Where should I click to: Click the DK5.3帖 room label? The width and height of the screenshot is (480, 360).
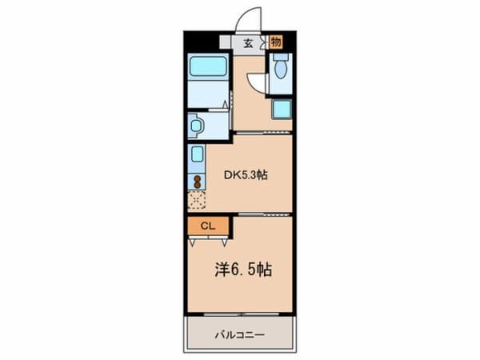coord(246,175)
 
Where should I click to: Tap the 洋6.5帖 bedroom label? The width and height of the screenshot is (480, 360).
coord(243,270)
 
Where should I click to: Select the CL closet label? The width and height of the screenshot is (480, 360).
coord(208,226)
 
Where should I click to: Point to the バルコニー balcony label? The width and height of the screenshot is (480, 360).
coord(239,335)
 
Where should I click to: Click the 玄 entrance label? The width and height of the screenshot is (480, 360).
coord(248,43)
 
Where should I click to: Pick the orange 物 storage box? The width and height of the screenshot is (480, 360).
coord(276,42)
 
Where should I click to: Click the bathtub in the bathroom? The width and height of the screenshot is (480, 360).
coord(208,66)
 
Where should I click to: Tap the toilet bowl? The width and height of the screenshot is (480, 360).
coord(280,70)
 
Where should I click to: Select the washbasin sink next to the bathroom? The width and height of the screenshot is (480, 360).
coord(196,126)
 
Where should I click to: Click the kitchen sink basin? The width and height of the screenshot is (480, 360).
coord(197,154)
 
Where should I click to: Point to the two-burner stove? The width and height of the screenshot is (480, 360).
coord(197,182)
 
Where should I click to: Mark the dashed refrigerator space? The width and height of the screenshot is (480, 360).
coord(197,200)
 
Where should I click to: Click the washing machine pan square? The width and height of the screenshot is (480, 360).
coord(282,110)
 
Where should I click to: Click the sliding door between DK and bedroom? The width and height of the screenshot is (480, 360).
coord(264,214)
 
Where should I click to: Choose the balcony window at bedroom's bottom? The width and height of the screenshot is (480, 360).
coord(242,314)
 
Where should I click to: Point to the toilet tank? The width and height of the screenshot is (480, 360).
coord(281,58)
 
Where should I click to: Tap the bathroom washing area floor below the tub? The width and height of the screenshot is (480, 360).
coord(208,94)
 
